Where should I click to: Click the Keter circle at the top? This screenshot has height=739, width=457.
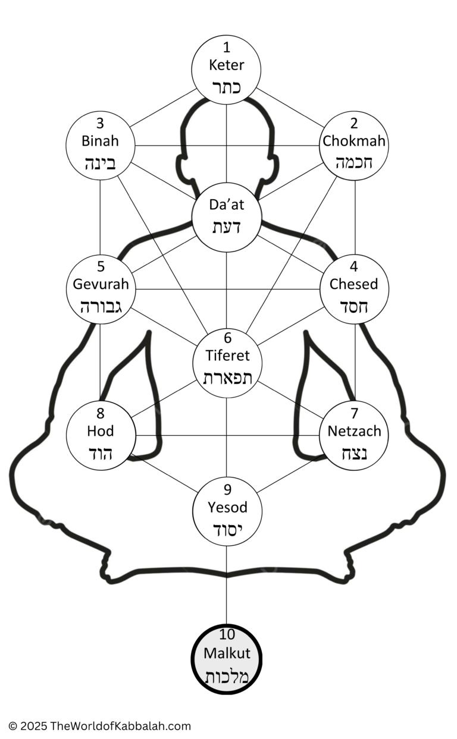(226, 70)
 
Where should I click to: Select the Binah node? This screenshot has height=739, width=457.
(101, 146)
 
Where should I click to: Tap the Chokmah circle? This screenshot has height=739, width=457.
(353, 146)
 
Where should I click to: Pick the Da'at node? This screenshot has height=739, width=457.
(227, 217)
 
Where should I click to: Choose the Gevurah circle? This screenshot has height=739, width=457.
(101, 290)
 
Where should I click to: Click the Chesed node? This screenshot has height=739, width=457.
(354, 290)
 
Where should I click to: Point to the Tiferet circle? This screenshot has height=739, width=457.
(227, 363)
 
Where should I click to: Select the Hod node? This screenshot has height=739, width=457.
(101, 435)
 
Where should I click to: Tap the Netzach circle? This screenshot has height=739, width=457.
(354, 435)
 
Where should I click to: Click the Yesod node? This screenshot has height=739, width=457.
(227, 511)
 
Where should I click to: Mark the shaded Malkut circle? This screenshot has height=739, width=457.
(227, 659)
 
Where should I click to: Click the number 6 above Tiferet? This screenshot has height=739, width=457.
(227, 338)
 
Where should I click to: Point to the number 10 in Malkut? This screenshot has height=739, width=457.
(227, 634)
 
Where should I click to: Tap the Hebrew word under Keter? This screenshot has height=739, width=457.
(226, 87)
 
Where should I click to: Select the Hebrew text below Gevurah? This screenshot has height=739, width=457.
(101, 307)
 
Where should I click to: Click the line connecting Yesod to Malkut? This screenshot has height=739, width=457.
(227, 584)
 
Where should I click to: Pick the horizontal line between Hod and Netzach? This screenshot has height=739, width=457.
(227, 435)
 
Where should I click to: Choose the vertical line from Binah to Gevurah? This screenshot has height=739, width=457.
(100, 218)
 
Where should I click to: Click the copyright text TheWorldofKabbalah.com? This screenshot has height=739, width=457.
(121, 726)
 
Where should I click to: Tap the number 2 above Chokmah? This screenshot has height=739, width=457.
(354, 124)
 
